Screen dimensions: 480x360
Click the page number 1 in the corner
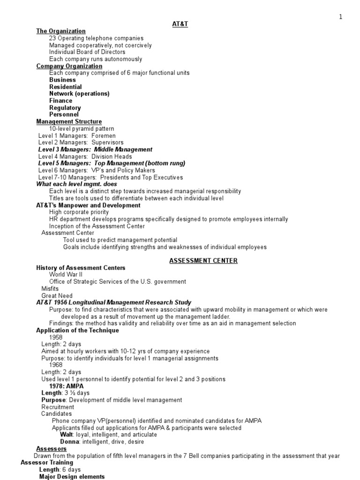(x=341, y=17)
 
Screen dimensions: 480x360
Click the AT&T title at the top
(x=180, y=24)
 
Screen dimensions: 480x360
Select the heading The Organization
(x=61, y=31)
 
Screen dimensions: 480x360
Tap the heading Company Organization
(x=69, y=66)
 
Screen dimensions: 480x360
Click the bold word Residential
(x=65, y=87)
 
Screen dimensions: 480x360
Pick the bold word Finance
(x=60, y=100)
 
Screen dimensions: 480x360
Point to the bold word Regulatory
(x=65, y=107)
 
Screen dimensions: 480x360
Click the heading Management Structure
(x=69, y=121)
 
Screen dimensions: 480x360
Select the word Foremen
(x=103, y=135)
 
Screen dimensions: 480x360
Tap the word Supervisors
(x=107, y=142)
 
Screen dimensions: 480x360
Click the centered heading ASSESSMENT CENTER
(x=203, y=261)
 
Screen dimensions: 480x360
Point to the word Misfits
(x=50, y=289)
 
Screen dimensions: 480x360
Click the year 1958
(x=56, y=337)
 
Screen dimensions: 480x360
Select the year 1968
(x=56, y=365)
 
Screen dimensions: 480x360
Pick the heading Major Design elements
(x=72, y=477)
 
